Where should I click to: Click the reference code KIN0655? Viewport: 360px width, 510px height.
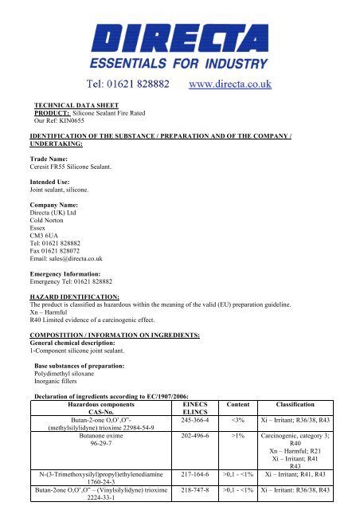(x=78, y=120)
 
